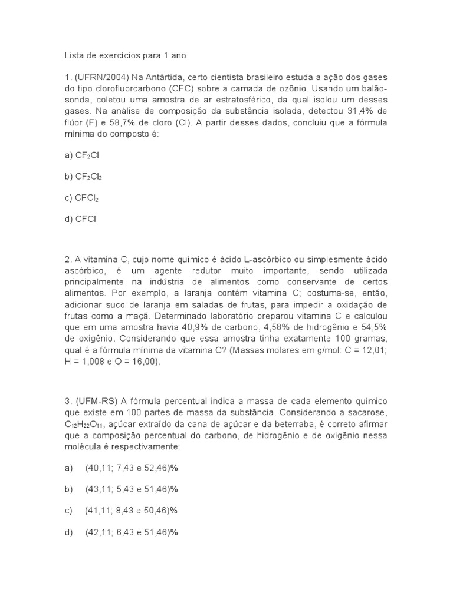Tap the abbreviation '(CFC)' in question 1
pos(186,90)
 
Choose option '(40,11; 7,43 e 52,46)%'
pos(132,468)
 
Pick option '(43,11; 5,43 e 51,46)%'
pos(132,489)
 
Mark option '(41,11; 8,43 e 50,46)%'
pos(132,511)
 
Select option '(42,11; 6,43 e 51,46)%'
pos(132,532)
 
